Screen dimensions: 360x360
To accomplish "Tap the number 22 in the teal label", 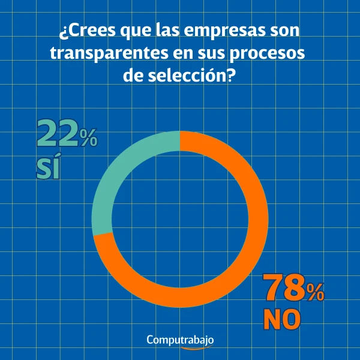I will [58, 134].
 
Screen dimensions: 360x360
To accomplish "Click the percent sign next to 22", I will [88, 140].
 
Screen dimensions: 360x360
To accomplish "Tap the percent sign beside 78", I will [314, 293].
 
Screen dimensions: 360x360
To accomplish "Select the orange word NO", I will [282, 320].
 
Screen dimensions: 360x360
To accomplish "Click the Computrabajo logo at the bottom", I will [180, 340].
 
